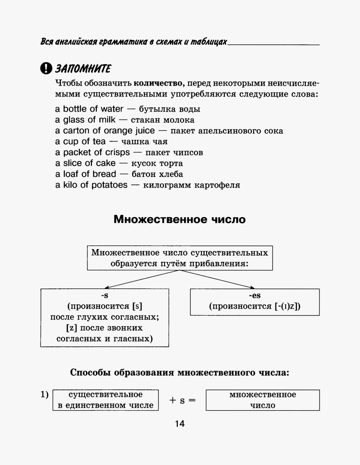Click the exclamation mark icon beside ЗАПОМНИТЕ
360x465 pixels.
(x=45, y=68)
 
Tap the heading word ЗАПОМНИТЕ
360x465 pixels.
(x=83, y=68)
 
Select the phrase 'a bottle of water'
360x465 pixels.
(x=89, y=109)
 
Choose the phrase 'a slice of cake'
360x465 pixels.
(x=85, y=163)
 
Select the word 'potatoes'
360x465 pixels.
(x=110, y=185)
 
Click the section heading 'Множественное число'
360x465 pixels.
(x=180, y=220)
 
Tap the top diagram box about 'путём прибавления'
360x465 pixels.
(x=180, y=258)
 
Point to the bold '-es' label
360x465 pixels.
(x=254, y=296)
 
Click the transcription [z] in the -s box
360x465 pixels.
(x=71, y=328)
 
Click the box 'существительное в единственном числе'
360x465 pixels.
(x=106, y=400)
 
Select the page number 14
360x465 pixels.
(x=180, y=424)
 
